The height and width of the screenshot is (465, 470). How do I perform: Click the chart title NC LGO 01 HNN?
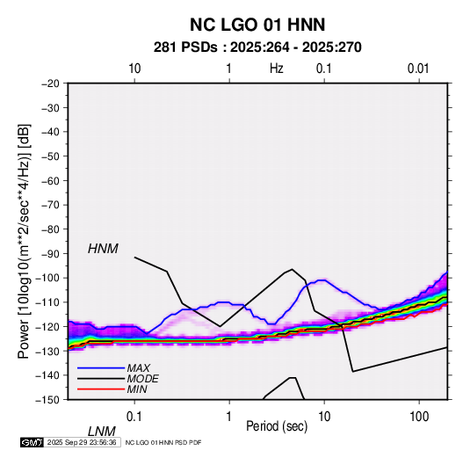(257, 25)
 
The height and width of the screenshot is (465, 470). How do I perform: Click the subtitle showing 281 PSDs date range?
(257, 47)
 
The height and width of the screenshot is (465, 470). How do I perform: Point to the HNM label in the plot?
(103, 249)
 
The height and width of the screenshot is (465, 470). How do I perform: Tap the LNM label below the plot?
(102, 432)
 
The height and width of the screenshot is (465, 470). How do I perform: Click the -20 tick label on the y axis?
(50, 84)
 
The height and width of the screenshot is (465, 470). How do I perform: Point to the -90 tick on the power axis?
(50, 253)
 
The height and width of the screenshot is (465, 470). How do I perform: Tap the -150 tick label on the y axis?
(47, 400)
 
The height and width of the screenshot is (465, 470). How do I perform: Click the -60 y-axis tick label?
(50, 180)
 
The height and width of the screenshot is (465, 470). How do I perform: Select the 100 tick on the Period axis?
(419, 417)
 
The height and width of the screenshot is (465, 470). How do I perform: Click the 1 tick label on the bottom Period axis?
(229, 417)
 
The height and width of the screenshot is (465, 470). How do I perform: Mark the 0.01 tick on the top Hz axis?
(418, 69)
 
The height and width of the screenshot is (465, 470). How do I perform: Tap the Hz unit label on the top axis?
(277, 69)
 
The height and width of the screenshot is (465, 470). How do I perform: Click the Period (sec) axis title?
(277, 426)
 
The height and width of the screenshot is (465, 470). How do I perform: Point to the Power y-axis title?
(24, 242)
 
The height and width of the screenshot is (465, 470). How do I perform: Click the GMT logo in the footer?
(33, 442)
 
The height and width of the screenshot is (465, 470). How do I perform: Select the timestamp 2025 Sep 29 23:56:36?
(82, 442)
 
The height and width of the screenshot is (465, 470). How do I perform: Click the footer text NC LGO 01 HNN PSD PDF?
(163, 443)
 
